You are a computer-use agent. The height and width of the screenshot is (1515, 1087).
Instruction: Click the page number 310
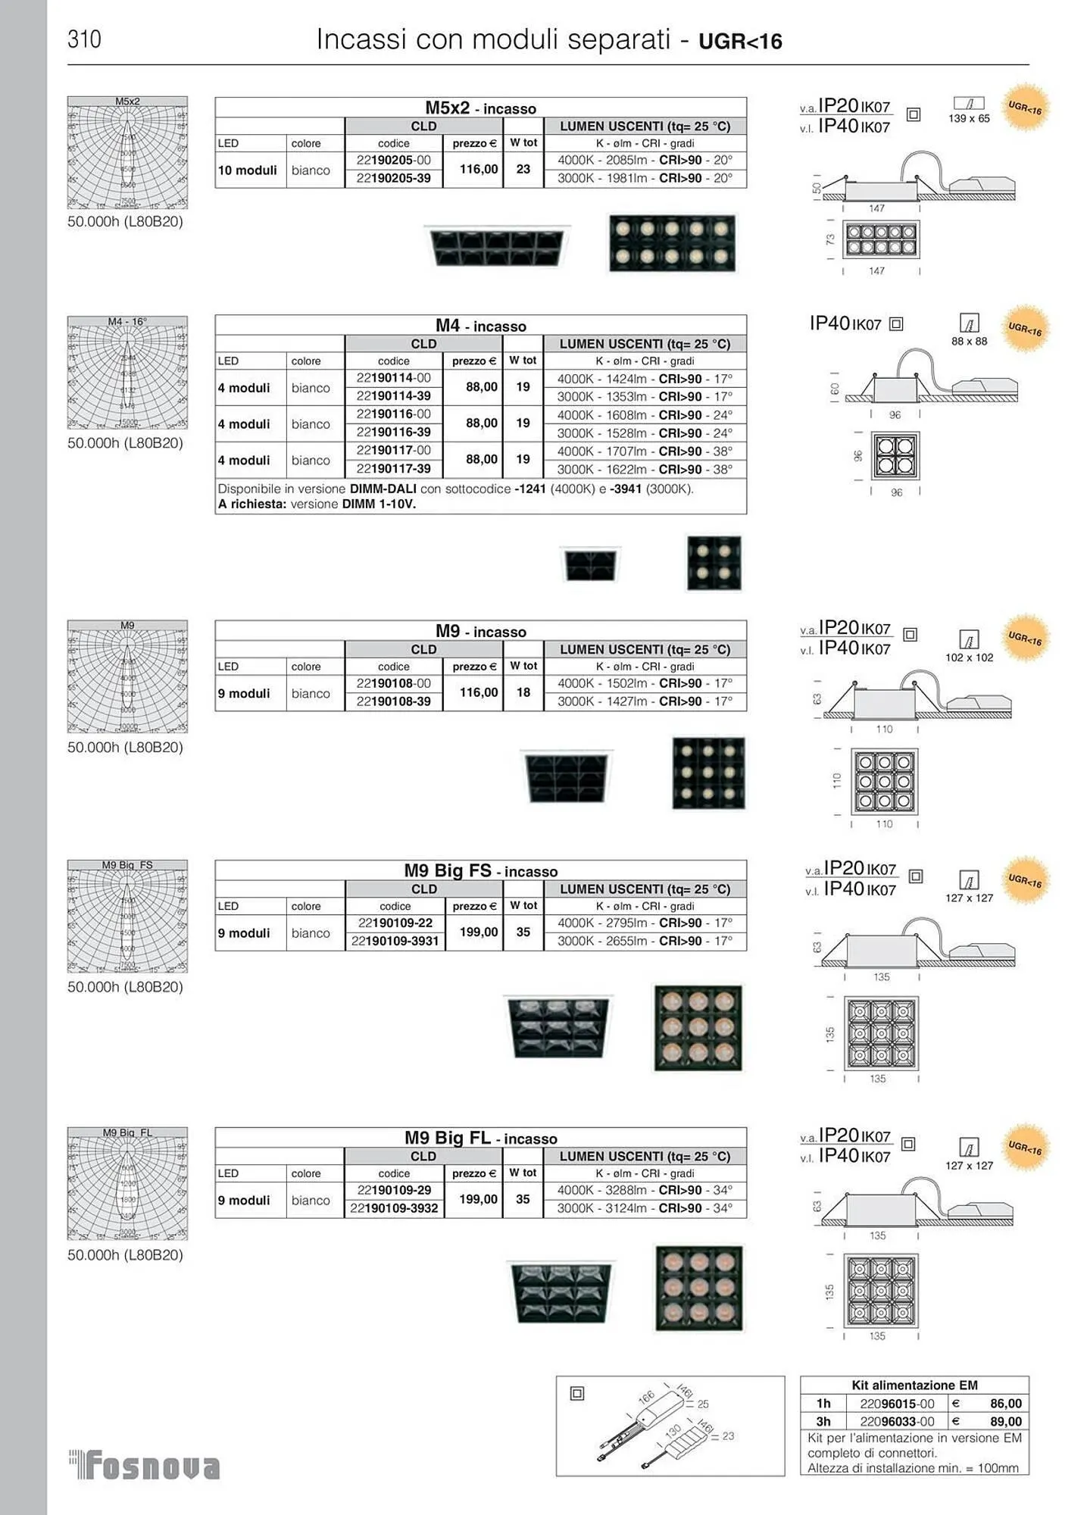click(84, 39)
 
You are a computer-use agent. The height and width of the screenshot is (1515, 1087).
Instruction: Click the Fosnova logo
click(145, 1467)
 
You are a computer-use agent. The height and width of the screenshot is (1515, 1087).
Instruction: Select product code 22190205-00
click(393, 161)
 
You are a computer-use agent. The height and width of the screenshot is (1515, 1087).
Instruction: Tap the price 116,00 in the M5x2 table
click(479, 169)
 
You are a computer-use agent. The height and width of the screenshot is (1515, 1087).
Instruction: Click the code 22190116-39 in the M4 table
click(393, 433)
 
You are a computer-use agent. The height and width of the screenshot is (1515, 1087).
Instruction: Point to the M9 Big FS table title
click(480, 871)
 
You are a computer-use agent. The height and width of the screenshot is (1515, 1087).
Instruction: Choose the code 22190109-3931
click(395, 942)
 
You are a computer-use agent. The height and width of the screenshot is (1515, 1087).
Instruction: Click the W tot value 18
click(523, 692)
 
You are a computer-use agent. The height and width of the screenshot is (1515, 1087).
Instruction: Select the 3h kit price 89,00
click(1005, 1422)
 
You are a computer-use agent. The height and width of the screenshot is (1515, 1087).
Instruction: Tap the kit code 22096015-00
click(897, 1404)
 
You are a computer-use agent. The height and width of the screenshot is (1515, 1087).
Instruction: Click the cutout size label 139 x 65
click(969, 119)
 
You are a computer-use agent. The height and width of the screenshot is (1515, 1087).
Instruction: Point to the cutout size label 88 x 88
click(969, 342)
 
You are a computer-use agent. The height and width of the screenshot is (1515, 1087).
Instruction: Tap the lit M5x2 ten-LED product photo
click(672, 243)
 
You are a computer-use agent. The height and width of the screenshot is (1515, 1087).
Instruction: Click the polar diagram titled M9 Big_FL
click(127, 1183)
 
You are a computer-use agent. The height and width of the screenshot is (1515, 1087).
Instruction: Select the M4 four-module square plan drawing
click(895, 455)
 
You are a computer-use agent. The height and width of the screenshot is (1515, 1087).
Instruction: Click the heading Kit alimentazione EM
click(914, 1385)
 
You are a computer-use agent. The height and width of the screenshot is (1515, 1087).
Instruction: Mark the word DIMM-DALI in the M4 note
click(383, 489)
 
